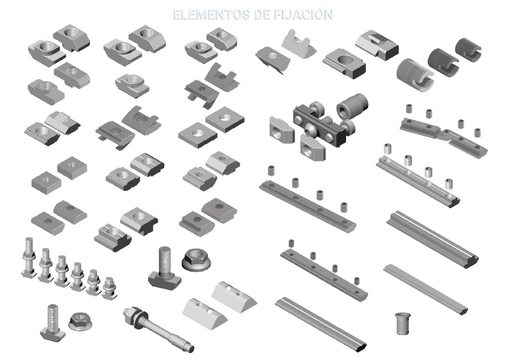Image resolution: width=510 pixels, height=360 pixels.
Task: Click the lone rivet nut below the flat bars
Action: pyautogui.click(x=402, y=323)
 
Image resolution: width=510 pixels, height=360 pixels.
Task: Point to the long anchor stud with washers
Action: pyautogui.click(x=159, y=330)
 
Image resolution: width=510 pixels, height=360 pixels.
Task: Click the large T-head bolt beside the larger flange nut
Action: pyautogui.click(x=164, y=267)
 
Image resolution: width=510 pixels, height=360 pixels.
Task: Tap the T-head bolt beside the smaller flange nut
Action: pyautogui.click(x=53, y=322)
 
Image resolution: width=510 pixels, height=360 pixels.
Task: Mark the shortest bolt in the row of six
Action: pyautogui.click(x=109, y=288)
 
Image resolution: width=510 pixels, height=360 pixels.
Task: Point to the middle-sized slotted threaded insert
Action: pyautogui.click(x=443, y=62)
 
